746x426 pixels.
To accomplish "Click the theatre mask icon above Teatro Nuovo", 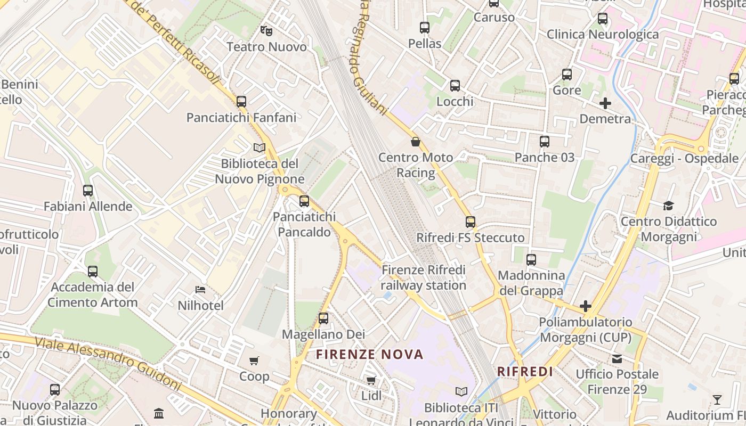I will click(x=266, y=30).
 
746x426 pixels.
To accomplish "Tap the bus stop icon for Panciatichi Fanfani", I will click(x=241, y=101).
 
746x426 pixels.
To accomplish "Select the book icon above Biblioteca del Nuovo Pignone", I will click(x=260, y=148).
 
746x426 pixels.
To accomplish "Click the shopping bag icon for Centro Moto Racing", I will click(x=416, y=142).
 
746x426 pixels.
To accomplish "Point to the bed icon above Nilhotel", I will click(x=200, y=290).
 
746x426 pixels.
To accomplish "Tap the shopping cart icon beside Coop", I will click(x=254, y=361).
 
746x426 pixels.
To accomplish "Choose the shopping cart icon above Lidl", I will click(x=371, y=380).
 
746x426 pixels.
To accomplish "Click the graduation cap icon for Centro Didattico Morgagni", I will click(x=668, y=206).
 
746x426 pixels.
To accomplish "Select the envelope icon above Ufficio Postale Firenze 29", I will click(x=617, y=358).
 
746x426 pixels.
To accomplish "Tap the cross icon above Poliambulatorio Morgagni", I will click(x=586, y=306).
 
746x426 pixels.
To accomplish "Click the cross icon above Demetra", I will click(x=605, y=103).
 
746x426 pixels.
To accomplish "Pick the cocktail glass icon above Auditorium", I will click(x=717, y=399).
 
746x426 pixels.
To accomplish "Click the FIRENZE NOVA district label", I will click(x=370, y=354).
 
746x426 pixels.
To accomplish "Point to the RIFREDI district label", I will click(x=525, y=371).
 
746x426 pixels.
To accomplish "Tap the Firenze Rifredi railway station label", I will click(x=424, y=277).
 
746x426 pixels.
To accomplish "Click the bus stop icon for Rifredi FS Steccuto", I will click(x=471, y=222).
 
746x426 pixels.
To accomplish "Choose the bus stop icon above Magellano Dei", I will click(x=323, y=318).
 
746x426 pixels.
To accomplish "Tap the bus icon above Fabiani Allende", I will click(x=88, y=190).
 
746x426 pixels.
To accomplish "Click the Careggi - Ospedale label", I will click(x=684, y=158).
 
